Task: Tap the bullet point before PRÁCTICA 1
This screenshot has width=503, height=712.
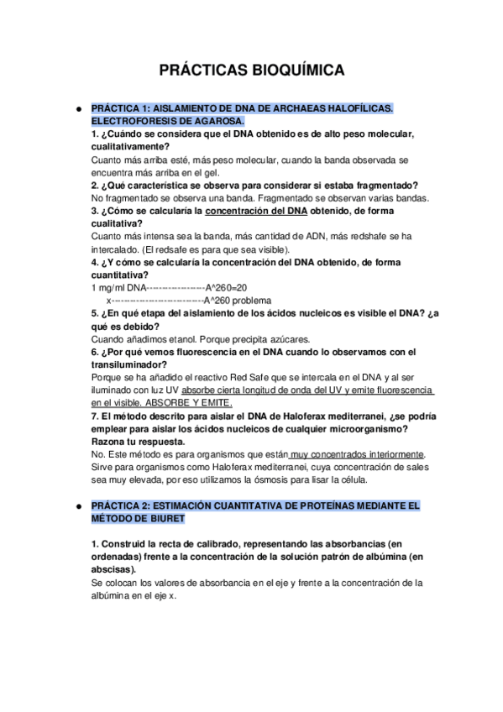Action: [x=77, y=109]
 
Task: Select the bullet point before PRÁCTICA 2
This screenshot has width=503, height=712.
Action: [x=77, y=506]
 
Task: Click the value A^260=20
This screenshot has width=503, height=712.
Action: [x=226, y=287]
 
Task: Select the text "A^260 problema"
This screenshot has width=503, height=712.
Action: [x=238, y=300]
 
